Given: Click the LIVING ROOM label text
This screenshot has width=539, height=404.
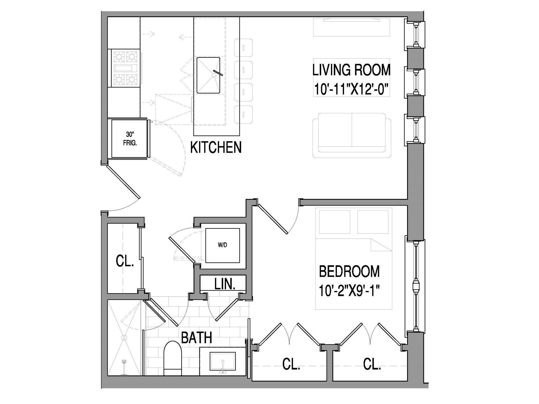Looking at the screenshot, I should pos(351,70).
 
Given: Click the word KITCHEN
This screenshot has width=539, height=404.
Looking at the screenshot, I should pos(216,147).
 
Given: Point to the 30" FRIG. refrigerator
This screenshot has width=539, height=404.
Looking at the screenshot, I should pos(130,139).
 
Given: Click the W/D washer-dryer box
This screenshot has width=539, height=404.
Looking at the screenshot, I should pos(222,245).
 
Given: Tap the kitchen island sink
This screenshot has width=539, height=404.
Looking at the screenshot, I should pos(208,75).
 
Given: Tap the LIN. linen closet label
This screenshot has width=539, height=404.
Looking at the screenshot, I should pos(225,284).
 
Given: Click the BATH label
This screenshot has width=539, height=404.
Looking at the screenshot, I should pos(196,338).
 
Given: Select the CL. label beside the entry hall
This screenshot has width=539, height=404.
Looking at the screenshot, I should pos(125,261).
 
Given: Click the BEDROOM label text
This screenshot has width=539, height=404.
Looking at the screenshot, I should pos(349,271).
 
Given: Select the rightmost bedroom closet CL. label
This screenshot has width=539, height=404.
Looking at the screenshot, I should pos(372,364).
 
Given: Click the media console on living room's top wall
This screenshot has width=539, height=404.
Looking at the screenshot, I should pos(351,27).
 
